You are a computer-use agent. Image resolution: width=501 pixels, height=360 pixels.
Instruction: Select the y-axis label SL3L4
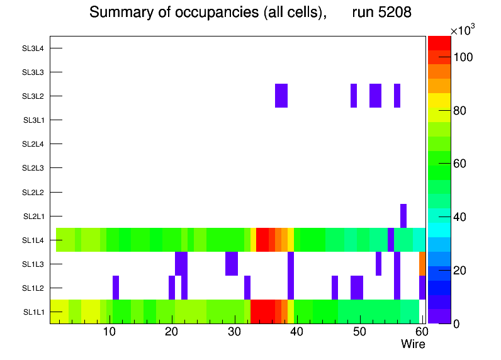coord(33,48)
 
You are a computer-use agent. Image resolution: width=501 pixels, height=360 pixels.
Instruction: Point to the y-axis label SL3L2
coord(33,96)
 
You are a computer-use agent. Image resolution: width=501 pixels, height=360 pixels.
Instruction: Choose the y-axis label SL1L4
coord(33,240)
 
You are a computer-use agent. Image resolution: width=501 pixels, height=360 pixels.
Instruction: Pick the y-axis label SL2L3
coord(33,168)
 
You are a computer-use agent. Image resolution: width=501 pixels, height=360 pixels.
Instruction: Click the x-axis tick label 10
coord(110,332)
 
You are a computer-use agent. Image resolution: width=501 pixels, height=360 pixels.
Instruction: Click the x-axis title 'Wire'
coord(413,344)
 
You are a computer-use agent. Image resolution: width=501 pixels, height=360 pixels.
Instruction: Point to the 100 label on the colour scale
coord(463,57)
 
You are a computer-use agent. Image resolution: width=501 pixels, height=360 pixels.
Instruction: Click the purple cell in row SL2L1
coord(403,216)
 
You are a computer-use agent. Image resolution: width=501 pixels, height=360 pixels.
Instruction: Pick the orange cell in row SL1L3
coord(422,264)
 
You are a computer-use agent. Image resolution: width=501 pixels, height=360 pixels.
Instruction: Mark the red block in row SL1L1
coord(262,312)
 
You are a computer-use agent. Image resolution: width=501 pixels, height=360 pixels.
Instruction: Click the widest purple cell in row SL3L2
coord(281,96)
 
